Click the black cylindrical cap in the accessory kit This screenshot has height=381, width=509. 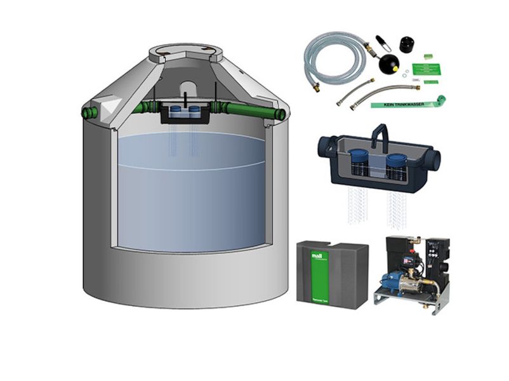(x=406, y=46)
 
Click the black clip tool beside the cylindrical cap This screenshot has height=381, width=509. (x=382, y=44)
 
